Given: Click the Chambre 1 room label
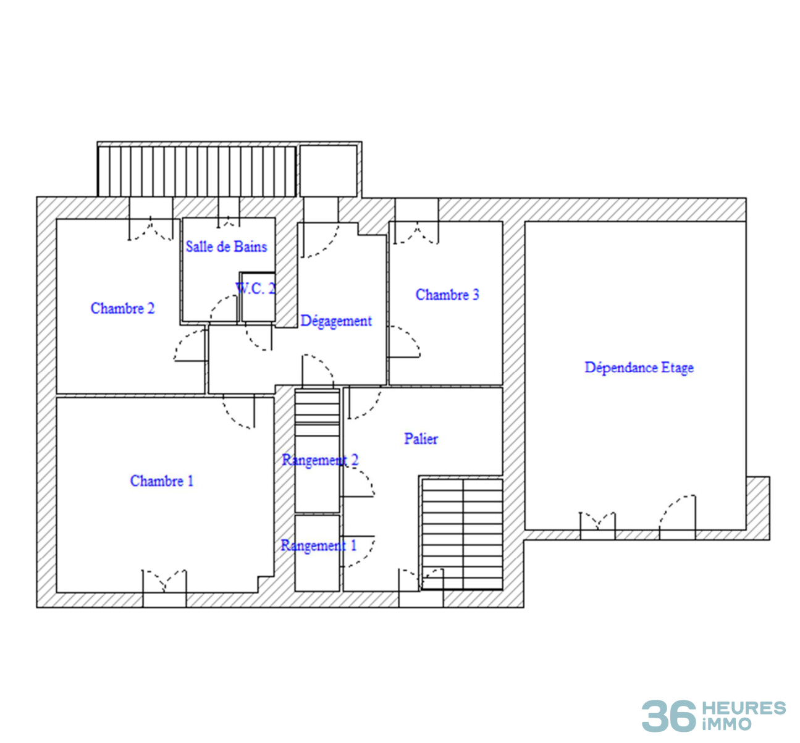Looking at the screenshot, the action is pos(161,481).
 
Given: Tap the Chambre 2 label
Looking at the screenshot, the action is pos(122,308).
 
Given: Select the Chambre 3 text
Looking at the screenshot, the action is pos(447,295).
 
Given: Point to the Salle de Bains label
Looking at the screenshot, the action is pos(226,246).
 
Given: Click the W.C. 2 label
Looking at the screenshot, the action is pos(255,288).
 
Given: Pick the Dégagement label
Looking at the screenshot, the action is pos(336,321).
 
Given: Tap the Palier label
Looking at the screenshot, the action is pos(421,439).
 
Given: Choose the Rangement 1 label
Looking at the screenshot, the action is pos(318,545).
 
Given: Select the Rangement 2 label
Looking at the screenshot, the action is pos(320,460).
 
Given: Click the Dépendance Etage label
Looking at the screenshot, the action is pos(639,367).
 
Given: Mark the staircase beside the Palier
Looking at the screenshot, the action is pos(463,534).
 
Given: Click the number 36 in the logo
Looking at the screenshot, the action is pos(668,716).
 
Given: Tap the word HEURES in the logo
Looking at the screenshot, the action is pos(744,708).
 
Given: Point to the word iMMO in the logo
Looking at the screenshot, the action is pos(726,724).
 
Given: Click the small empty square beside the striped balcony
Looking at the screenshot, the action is pos(328,171).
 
